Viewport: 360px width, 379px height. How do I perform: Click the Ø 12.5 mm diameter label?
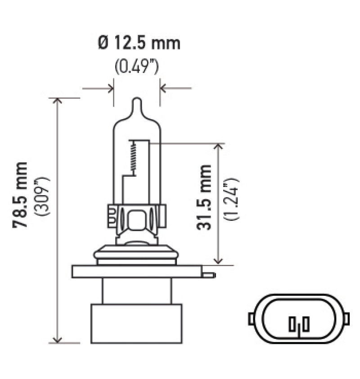click(139, 44)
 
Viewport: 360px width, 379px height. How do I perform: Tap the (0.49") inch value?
click(137, 67)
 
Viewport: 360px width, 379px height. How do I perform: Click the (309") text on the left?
click(45, 197)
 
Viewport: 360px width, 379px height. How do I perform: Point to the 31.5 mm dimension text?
click(204, 197)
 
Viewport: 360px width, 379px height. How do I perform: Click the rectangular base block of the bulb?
click(136, 323)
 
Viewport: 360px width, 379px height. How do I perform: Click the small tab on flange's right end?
click(209, 274)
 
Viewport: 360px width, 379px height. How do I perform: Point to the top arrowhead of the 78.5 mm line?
click(57, 101)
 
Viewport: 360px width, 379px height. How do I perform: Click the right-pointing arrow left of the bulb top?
click(110, 87)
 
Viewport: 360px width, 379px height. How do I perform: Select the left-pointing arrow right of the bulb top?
click(164, 87)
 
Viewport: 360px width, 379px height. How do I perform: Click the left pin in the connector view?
click(292, 323)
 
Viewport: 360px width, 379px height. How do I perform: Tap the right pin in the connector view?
click(306, 323)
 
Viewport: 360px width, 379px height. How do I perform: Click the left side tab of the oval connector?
click(251, 318)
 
